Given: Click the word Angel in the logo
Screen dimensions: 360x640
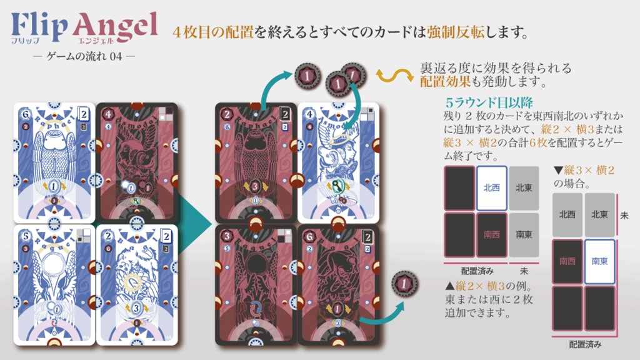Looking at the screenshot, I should click(x=115, y=26).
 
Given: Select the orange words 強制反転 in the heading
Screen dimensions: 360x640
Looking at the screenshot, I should click(x=455, y=31).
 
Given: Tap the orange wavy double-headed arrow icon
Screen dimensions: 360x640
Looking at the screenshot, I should click(x=392, y=76).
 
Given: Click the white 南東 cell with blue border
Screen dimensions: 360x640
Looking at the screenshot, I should click(x=599, y=262).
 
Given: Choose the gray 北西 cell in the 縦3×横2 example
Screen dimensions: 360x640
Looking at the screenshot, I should click(x=567, y=214).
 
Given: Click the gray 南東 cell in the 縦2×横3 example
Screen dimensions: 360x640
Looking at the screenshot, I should click(x=524, y=234).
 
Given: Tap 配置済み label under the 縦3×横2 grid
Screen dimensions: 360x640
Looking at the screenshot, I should click(x=584, y=344).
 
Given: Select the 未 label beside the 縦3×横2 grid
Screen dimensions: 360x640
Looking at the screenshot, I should click(x=624, y=214).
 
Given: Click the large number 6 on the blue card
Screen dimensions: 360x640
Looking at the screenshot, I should click(x=24, y=115).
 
